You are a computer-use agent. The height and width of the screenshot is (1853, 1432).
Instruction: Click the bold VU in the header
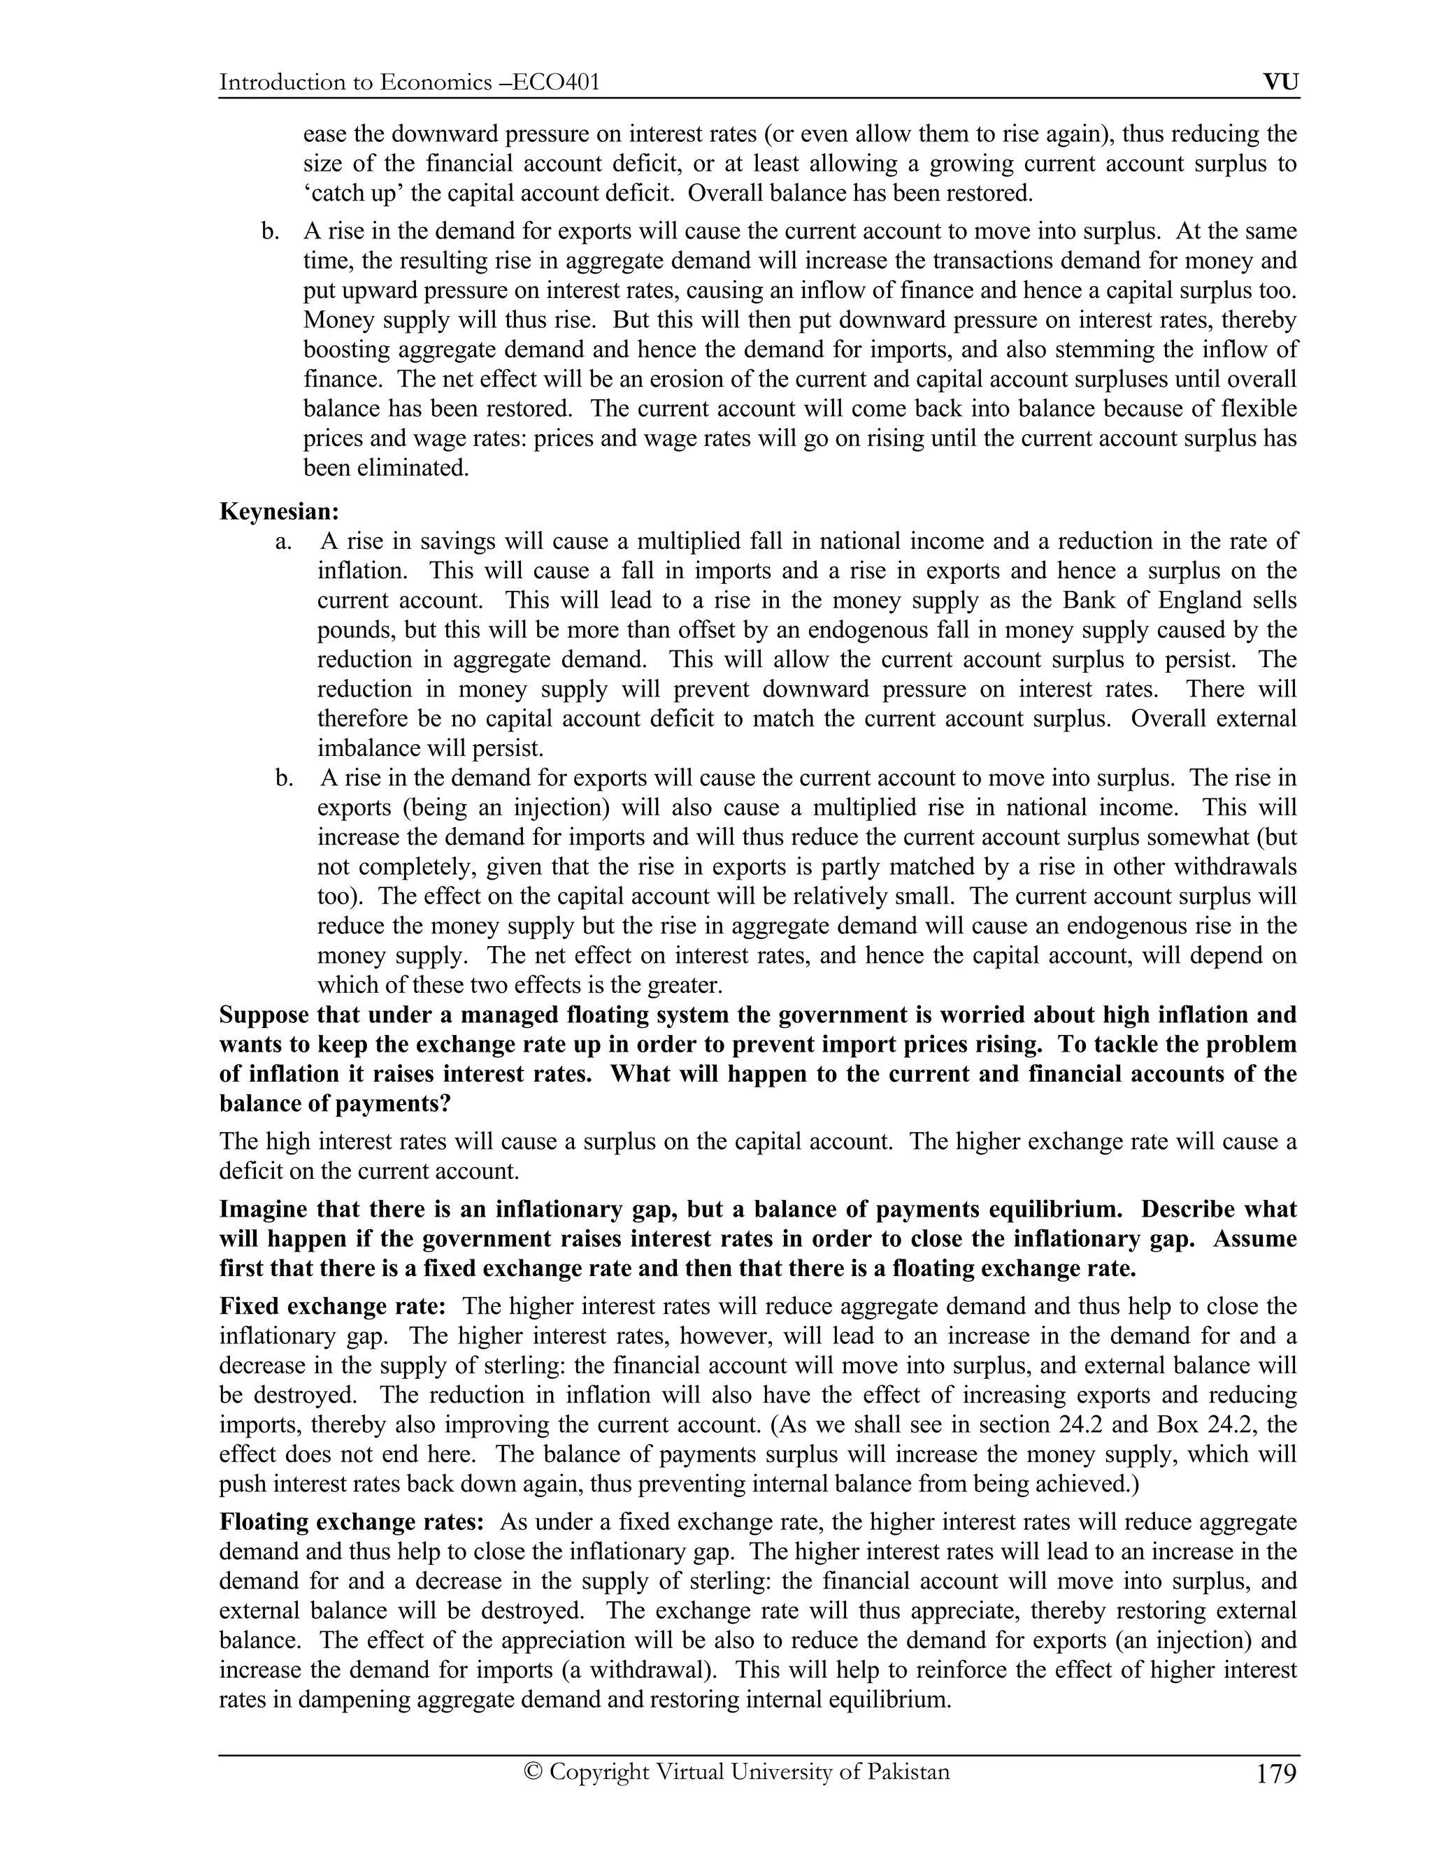click(1281, 83)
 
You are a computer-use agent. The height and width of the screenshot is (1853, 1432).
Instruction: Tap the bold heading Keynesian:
click(279, 512)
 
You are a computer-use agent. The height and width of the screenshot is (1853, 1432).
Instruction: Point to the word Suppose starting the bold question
click(264, 1015)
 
